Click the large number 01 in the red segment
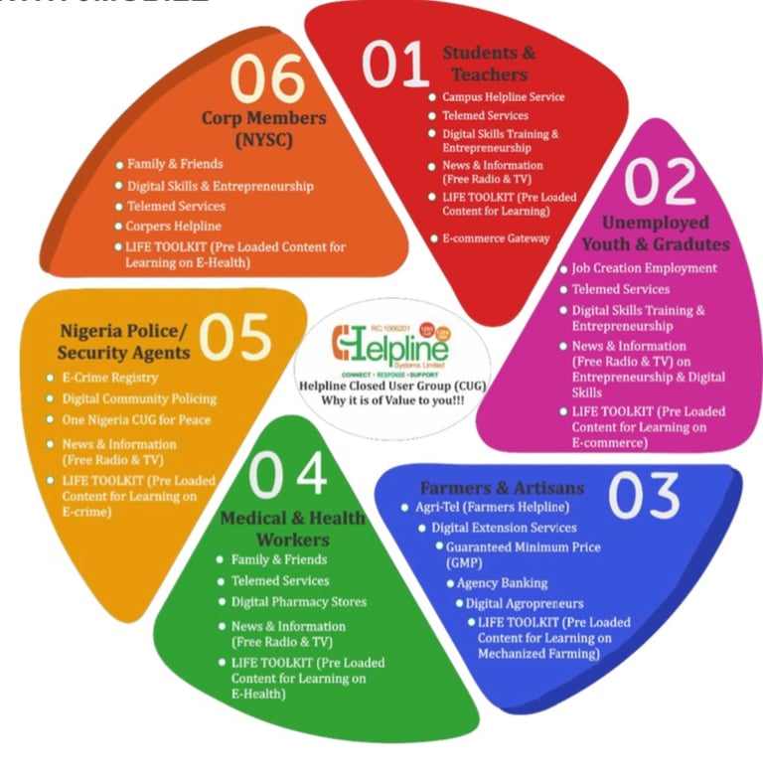click(394, 65)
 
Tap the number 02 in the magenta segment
click(664, 181)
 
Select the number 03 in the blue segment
click(645, 495)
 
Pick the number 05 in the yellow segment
click(234, 338)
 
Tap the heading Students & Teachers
click(488, 64)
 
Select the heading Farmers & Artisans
click(502, 488)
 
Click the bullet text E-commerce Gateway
click(496, 238)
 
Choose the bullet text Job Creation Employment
click(644, 268)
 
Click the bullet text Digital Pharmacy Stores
click(299, 602)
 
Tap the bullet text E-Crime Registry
click(110, 378)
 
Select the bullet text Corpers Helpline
click(174, 227)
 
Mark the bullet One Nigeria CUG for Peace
click(137, 419)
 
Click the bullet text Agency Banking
click(502, 583)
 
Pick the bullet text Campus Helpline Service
click(503, 97)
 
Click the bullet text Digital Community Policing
click(139, 398)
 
